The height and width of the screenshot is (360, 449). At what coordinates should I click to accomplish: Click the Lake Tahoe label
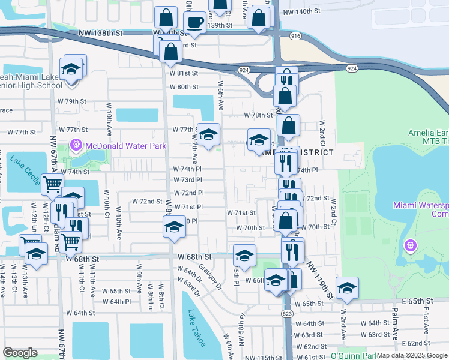pos(196,328)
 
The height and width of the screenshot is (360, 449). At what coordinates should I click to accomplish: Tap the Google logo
pos(20,353)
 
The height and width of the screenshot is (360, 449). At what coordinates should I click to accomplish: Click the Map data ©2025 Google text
pos(412,355)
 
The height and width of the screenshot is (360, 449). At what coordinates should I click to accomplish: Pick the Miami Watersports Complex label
pos(421,209)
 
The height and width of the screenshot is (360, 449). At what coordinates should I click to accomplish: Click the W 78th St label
pos(258,115)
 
